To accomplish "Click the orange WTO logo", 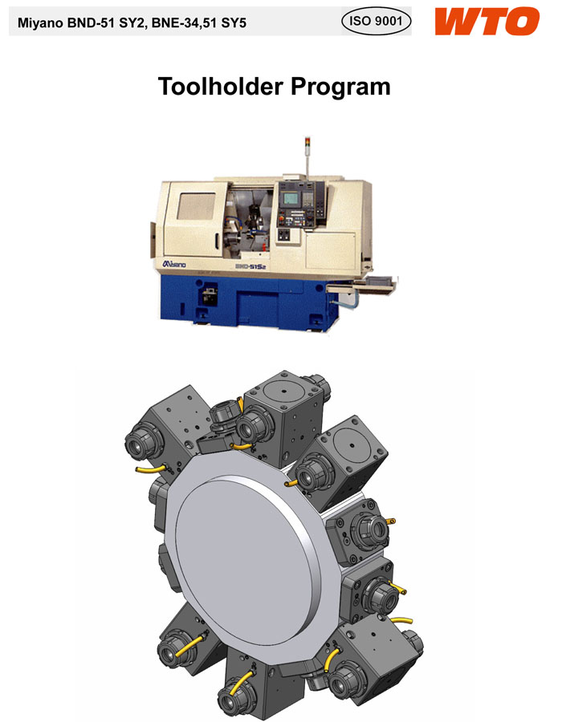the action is (487, 22).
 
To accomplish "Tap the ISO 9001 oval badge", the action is (376, 21).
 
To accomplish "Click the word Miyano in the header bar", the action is (40, 23).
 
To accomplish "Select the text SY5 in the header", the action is (234, 22).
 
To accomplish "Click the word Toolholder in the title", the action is (220, 86).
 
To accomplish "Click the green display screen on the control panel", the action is (290, 198).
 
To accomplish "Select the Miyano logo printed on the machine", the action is (174, 264).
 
